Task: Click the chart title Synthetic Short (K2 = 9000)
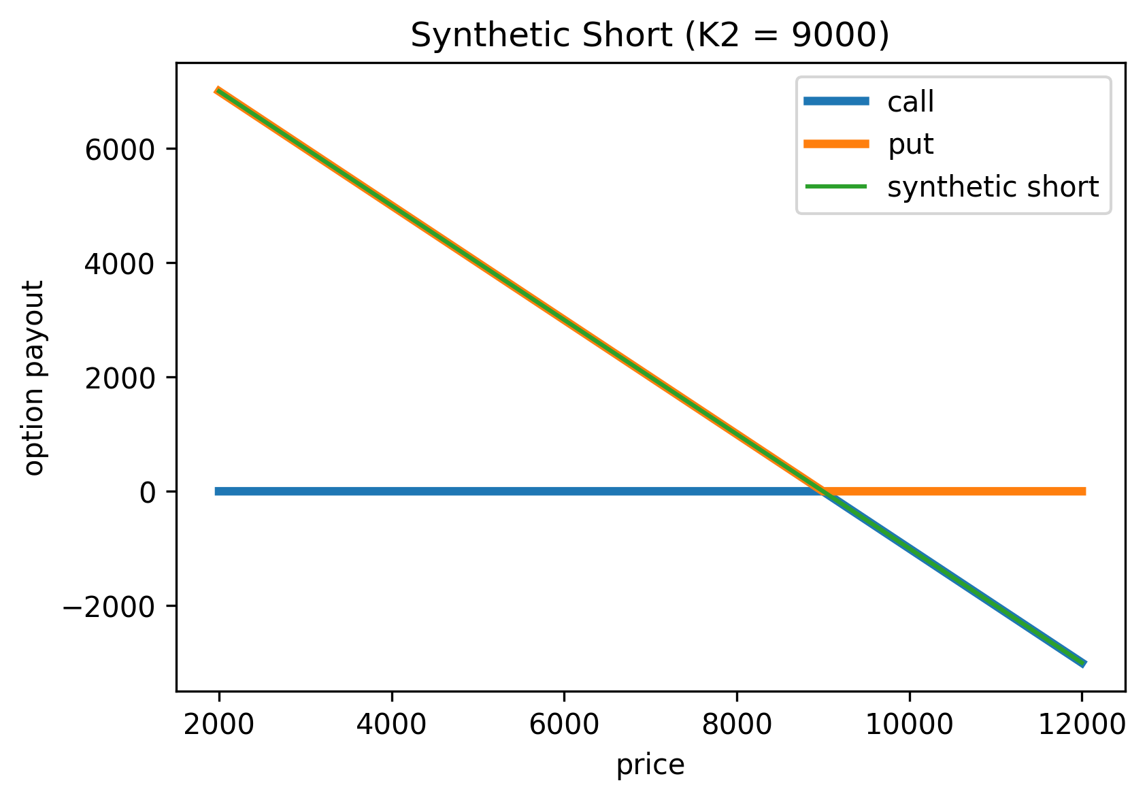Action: pyautogui.click(x=650, y=35)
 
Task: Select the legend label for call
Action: pyautogui.click(x=910, y=102)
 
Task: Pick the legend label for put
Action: pyautogui.click(x=910, y=144)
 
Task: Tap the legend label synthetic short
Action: pyautogui.click(x=993, y=187)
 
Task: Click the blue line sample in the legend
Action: pyautogui.click(x=836, y=102)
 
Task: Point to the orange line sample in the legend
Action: pyautogui.click(x=836, y=144)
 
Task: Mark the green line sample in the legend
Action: pyautogui.click(x=836, y=186)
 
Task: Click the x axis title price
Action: pyautogui.click(x=650, y=765)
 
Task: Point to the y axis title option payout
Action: pyautogui.click(x=34, y=377)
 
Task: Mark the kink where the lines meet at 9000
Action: pyautogui.click(x=823, y=491)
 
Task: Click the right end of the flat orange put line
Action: pyautogui.click(x=1084, y=491)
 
